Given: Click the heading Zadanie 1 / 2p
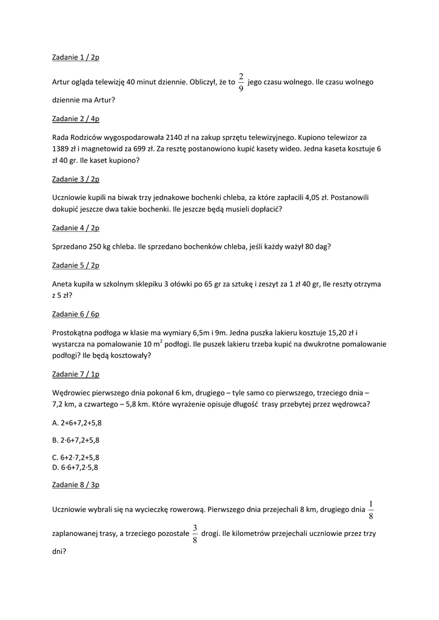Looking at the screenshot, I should tap(76, 58).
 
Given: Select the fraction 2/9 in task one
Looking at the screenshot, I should tap(241, 82).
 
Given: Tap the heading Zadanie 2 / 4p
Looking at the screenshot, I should tap(76, 119).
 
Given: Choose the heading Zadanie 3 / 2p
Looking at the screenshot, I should tap(76, 179).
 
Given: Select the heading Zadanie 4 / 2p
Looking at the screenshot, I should tap(76, 228).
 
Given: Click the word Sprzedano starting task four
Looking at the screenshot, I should tap(72, 246).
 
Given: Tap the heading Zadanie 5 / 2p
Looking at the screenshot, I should tap(76, 265).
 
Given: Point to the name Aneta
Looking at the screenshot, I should tap(63, 284).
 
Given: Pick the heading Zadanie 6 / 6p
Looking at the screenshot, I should tap(76, 314).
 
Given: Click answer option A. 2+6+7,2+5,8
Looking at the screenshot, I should tap(76, 423).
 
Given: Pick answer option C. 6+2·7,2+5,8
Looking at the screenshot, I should tap(76, 458).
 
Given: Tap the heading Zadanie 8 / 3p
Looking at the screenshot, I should tap(76, 485).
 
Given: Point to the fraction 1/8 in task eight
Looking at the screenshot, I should tap(371, 510).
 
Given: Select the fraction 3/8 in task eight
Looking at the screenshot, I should tap(195, 533).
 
